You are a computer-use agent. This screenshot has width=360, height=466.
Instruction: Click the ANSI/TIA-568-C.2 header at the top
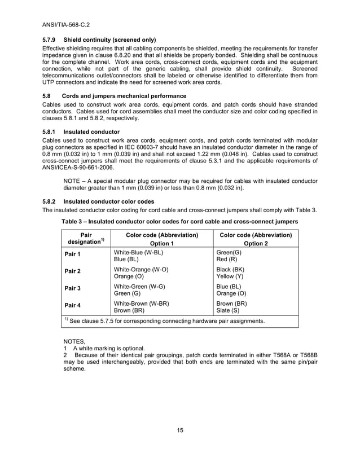pyautogui.click(x=67, y=24)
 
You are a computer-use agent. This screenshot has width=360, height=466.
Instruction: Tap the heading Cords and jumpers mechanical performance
pyautogui.click(x=124, y=96)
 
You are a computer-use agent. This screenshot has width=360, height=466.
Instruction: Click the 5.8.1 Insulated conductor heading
pyautogui.click(x=81, y=131)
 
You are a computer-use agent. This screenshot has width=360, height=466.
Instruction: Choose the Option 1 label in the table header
pyautogui.click(x=162, y=243)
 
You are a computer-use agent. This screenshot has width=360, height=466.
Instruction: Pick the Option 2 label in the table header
pyautogui.click(x=256, y=243)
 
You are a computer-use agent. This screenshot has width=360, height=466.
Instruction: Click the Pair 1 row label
pyautogui.click(x=73, y=255)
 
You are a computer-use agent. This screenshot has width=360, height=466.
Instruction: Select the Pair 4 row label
pyautogui.click(x=73, y=305)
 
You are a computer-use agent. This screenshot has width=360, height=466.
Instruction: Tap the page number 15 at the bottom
pyautogui.click(x=179, y=431)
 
